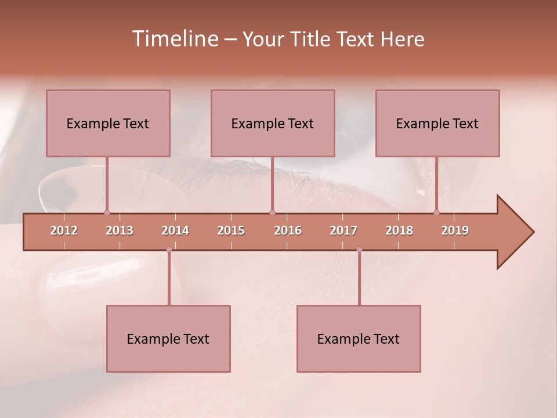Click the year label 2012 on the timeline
pos(64,230)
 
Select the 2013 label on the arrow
pos(120,230)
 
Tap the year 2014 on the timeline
pos(175,230)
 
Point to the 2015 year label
pos(231,230)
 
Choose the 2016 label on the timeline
pos(288,230)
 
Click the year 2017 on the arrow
pos(343,230)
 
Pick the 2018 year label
pos(399,230)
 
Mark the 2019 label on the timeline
pos(455,230)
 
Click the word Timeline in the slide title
pos(174,39)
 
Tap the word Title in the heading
pos(312,39)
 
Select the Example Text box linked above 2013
pos(108,123)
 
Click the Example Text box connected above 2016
pos(273,123)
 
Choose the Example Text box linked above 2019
pos(437,123)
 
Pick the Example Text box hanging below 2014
pos(168,338)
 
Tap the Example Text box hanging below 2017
pos(359,338)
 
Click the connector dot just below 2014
pos(169,250)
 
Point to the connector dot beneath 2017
pos(359,250)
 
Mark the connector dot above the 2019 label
pos(437,212)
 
